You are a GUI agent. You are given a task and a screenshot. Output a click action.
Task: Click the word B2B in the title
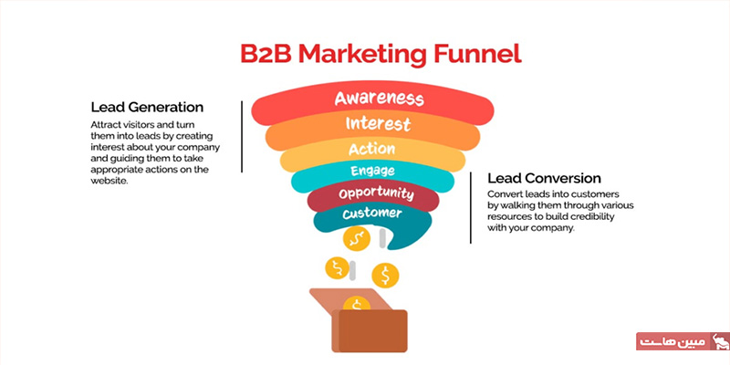(x=266, y=55)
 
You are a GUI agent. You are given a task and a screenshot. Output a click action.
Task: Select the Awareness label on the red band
(x=380, y=99)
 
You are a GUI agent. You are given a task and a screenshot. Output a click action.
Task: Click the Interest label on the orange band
(x=378, y=124)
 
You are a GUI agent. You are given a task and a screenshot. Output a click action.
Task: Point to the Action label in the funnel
(x=371, y=149)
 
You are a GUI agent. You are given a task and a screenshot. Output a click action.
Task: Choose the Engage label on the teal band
(x=372, y=171)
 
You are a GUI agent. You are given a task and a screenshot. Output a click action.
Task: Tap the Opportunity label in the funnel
(x=376, y=193)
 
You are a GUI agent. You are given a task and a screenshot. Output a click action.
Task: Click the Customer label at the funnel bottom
(x=372, y=214)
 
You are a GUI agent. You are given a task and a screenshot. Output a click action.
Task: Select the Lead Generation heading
(x=147, y=107)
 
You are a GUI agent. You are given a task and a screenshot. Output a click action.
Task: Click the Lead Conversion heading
(x=544, y=178)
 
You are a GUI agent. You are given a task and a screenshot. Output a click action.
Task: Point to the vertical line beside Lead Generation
(x=242, y=137)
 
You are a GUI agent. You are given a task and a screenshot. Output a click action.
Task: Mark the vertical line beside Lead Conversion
(x=470, y=208)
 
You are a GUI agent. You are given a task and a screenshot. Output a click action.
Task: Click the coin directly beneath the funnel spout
(x=356, y=239)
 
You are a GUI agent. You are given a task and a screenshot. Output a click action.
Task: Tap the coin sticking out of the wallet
(x=357, y=305)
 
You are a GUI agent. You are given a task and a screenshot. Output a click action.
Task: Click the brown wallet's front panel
(x=373, y=330)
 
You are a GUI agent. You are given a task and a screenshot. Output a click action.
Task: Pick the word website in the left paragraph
(x=109, y=181)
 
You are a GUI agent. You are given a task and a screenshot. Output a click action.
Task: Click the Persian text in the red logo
(x=673, y=342)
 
